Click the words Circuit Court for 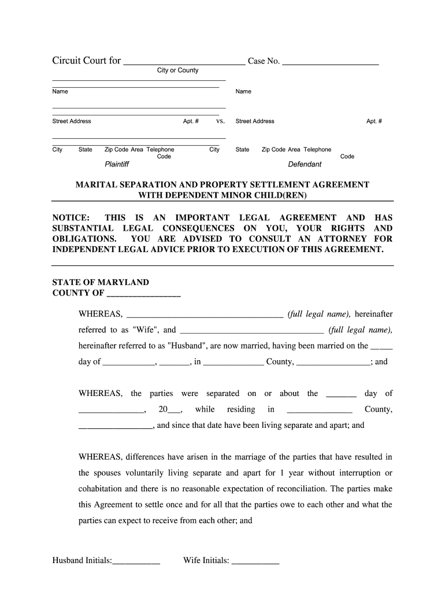87,61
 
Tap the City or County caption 177,71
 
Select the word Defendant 305,164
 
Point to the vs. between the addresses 220,121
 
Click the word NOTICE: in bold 71,218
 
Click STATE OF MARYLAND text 101,283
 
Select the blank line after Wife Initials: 255,561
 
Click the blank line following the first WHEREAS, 205,314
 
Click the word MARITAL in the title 97,185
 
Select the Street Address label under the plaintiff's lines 72,121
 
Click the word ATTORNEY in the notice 341,239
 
